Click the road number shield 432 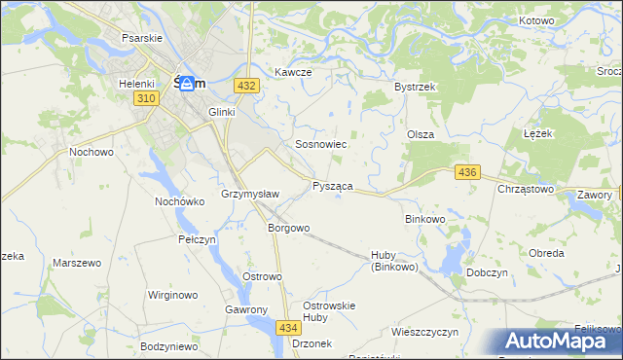246,87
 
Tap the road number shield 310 147,99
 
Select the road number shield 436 468,172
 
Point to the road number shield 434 288,329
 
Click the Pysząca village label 332,186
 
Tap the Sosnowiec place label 321,144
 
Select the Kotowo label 536,20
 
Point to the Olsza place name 421,135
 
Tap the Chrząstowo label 526,189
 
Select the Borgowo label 288,229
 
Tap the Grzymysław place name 250,194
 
